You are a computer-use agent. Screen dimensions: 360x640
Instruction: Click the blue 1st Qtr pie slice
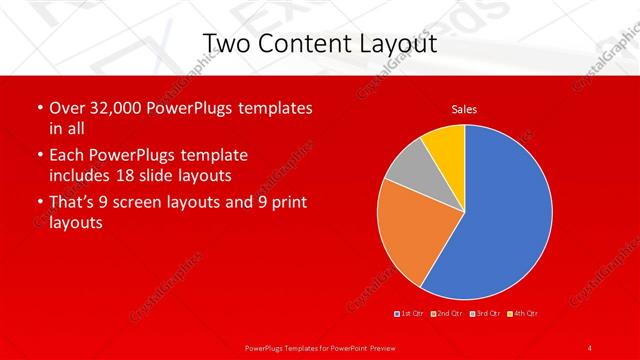(500, 215)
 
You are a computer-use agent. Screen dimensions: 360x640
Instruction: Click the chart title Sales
(464, 109)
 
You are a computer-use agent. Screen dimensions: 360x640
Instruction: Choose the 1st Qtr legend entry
(409, 314)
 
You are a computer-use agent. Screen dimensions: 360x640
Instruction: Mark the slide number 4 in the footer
(590, 347)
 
